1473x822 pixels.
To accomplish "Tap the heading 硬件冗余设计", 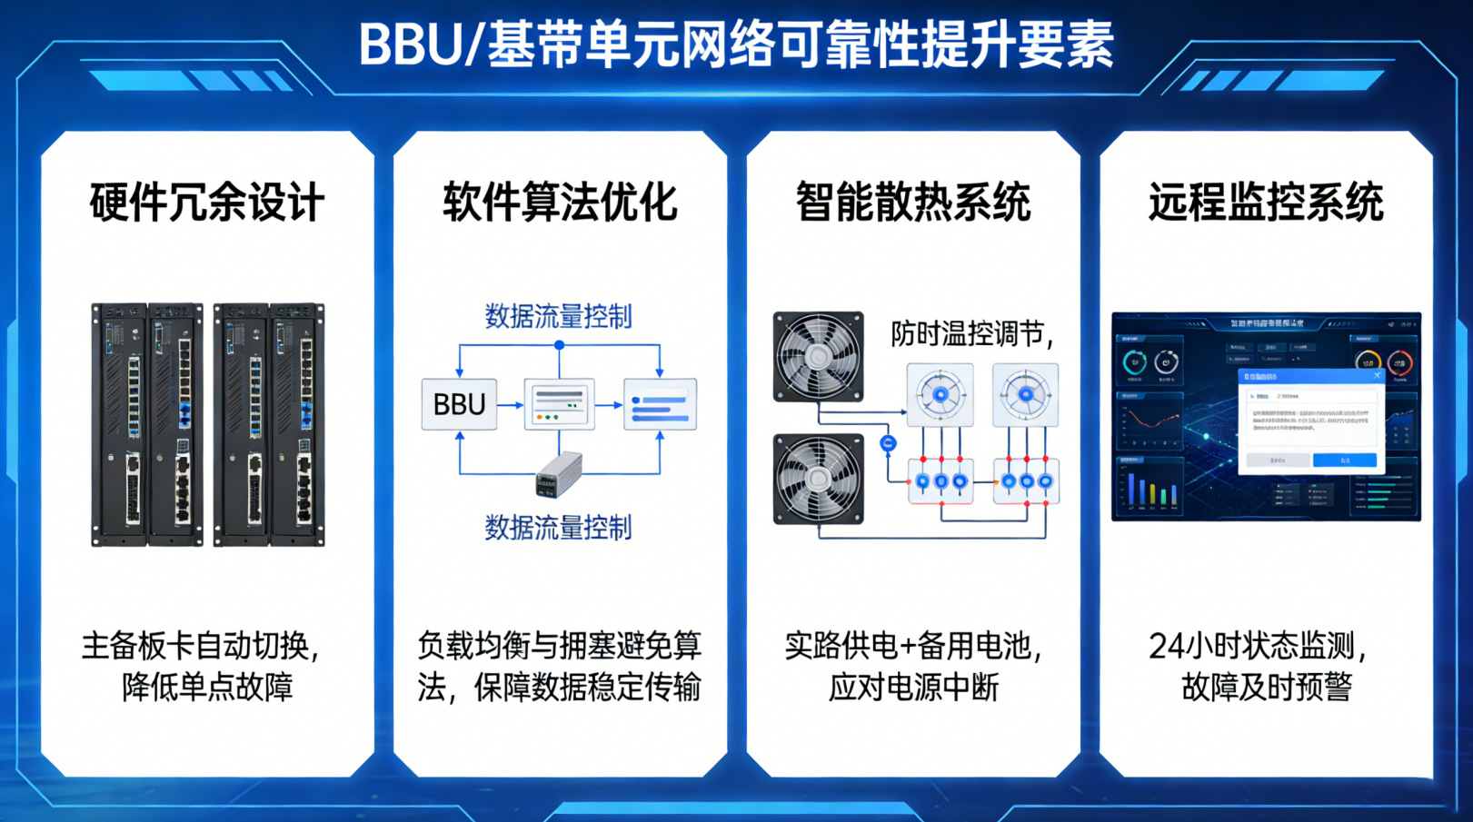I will (x=207, y=203).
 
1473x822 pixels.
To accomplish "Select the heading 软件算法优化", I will (x=560, y=203).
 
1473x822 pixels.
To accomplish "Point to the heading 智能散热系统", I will (x=913, y=203).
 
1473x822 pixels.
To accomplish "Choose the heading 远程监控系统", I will (x=1266, y=203).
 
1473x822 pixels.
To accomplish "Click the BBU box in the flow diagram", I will (x=459, y=404).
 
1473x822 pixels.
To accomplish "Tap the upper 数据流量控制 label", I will (x=558, y=317).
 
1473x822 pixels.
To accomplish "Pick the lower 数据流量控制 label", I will (x=558, y=528).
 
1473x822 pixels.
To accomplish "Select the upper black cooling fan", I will (x=818, y=357).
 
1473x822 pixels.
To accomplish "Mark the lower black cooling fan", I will (x=818, y=479).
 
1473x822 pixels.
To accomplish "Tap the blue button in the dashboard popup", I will (x=1344, y=461).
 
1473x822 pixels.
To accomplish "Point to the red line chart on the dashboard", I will (x=1150, y=421).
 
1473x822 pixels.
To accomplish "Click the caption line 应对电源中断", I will (x=913, y=687).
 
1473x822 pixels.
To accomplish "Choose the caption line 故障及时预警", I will (x=1266, y=687).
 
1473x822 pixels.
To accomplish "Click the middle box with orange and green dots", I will (x=559, y=404).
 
